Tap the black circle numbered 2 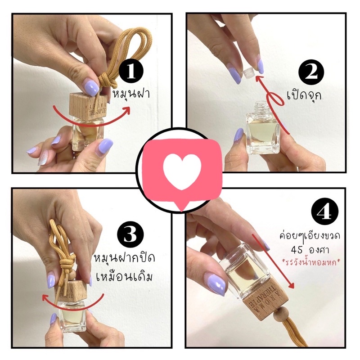[311, 72]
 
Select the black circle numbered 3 [130, 234]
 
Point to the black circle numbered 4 [324, 211]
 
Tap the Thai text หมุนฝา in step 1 [131, 94]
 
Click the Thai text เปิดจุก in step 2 [304, 95]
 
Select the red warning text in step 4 [312, 262]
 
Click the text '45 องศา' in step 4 [310, 250]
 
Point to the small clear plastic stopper [247, 72]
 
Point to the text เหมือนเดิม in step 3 [125, 276]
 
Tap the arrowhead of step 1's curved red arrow [126, 110]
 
